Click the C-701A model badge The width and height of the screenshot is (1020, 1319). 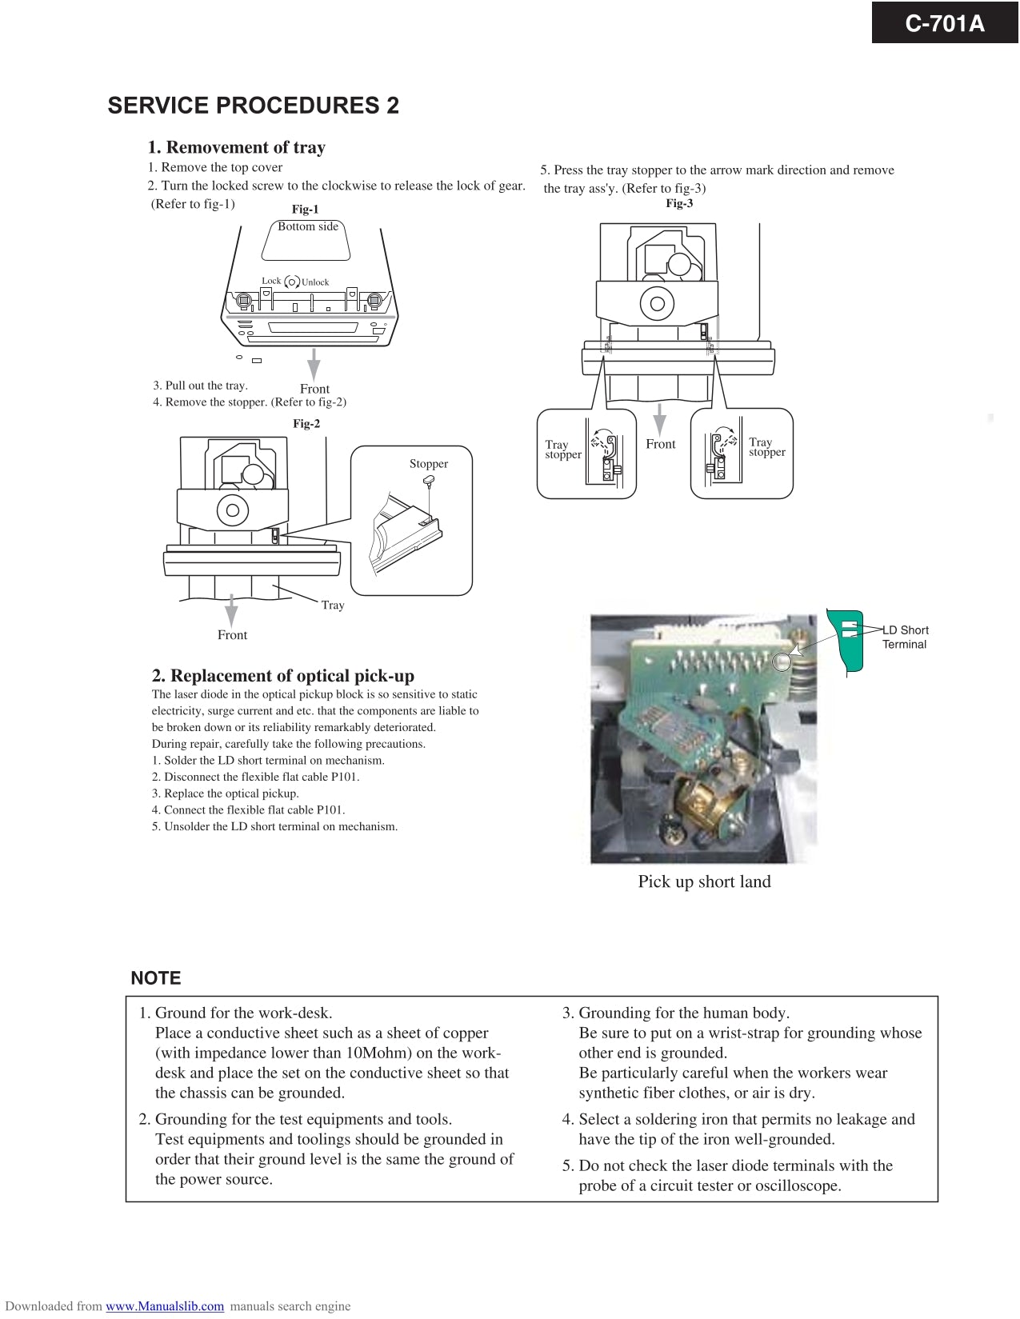tap(944, 23)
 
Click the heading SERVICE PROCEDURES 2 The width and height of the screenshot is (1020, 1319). tap(253, 106)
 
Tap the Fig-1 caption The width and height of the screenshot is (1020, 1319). tap(305, 210)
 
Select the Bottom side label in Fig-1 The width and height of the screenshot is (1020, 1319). tap(308, 226)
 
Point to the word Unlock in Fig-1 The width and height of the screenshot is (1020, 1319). tap(315, 282)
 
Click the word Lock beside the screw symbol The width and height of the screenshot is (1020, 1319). tap(271, 281)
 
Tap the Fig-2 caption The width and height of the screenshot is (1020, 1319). tap(306, 424)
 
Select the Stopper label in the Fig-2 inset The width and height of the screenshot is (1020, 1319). tap(429, 464)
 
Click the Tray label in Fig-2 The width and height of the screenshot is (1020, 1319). tap(333, 606)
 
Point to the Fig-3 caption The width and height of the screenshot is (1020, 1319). tap(679, 203)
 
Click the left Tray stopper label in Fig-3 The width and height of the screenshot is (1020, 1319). tap(562, 450)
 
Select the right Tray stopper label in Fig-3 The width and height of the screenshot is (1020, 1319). tap(766, 447)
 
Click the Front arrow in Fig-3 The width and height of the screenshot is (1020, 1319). tap(660, 420)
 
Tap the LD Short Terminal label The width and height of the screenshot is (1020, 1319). tap(905, 638)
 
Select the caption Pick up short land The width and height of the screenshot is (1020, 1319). tap(704, 881)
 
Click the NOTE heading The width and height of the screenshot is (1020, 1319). tap(156, 978)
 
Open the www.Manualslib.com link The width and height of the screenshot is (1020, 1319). tap(165, 1306)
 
